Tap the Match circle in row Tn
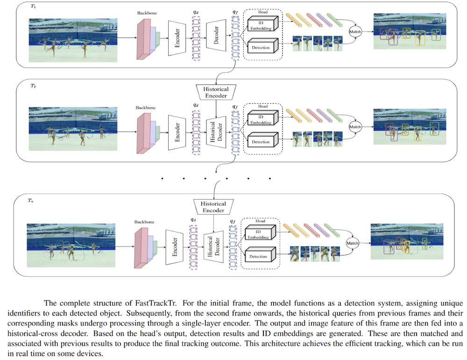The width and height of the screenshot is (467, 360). click(x=353, y=243)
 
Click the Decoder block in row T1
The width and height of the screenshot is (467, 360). click(x=216, y=33)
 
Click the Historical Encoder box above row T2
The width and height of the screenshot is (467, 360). click(x=216, y=92)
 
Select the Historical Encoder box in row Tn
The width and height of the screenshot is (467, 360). click(x=213, y=207)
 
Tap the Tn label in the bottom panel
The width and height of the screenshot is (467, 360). click(x=31, y=201)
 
